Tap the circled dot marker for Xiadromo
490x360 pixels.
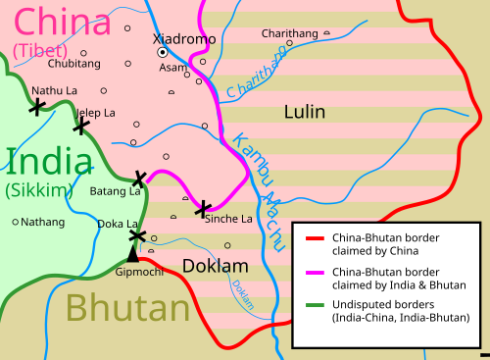pyautogui.click(x=164, y=53)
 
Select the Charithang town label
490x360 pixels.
pyautogui.click(x=289, y=33)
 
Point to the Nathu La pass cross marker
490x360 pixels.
pyautogui.click(x=37, y=107)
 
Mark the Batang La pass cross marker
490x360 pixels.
pyautogui.click(x=139, y=178)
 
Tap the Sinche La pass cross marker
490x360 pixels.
pyautogui.click(x=203, y=208)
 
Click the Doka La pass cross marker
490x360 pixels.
pyautogui.click(x=136, y=236)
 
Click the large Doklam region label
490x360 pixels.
pyautogui.click(x=216, y=266)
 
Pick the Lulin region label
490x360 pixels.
pyautogui.click(x=304, y=112)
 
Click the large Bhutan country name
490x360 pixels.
pyautogui.click(x=126, y=309)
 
